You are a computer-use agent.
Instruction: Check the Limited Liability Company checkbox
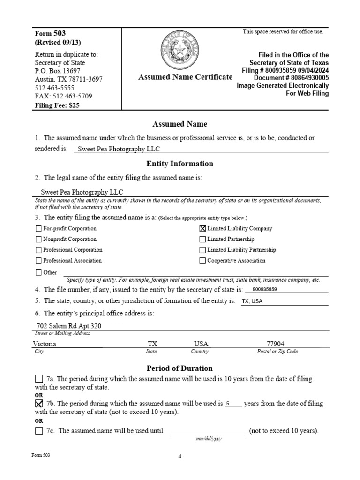click(202, 229)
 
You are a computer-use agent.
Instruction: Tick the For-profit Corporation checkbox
click(38, 229)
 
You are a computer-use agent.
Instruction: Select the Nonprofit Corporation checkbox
click(38, 240)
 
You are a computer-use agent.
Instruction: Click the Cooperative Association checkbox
click(202, 261)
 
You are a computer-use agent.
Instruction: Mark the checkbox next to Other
click(38, 272)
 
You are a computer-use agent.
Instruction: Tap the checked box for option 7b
click(39, 404)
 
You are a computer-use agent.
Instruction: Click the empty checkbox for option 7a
click(39, 379)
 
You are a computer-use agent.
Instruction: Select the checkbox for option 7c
click(39, 431)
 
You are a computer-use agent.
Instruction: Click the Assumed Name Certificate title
click(185, 77)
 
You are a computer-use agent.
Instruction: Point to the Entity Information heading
click(180, 164)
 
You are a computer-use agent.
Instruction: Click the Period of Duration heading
click(180, 368)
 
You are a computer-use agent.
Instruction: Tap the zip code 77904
click(275, 344)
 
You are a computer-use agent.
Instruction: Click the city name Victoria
click(45, 344)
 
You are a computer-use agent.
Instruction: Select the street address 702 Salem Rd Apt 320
click(69, 326)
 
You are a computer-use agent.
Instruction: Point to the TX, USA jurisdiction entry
click(252, 301)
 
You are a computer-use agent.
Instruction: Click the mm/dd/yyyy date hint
click(209, 439)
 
